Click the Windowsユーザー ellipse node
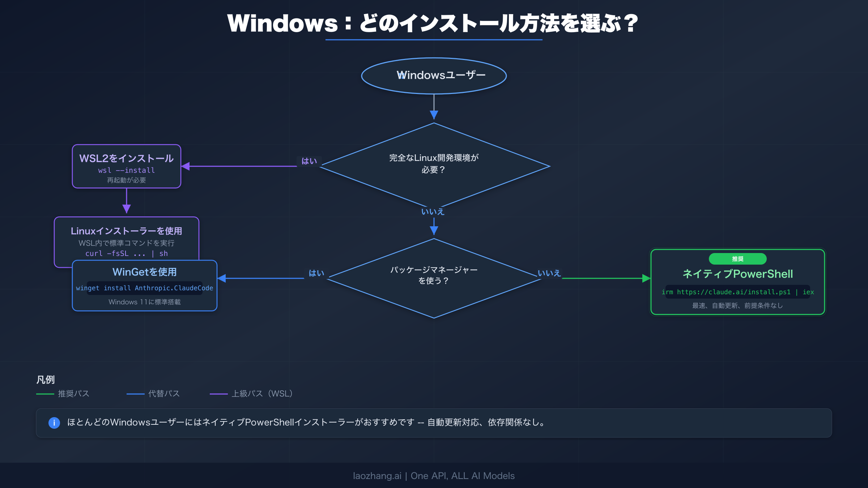click(434, 76)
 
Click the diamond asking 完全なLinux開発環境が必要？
click(434, 164)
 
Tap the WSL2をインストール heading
click(127, 158)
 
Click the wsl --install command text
click(127, 170)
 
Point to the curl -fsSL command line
click(127, 253)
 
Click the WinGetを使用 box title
click(145, 272)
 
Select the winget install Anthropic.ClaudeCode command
click(145, 288)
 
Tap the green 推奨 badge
click(737, 259)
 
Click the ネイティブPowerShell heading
click(737, 274)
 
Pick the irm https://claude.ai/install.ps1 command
click(737, 292)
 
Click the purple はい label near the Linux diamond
click(309, 161)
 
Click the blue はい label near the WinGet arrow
click(316, 273)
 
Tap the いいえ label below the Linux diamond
click(433, 212)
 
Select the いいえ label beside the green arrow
click(549, 273)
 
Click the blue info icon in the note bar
click(54, 423)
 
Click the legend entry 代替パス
click(164, 394)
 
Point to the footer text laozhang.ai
click(377, 476)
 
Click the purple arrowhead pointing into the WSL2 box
click(186, 166)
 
